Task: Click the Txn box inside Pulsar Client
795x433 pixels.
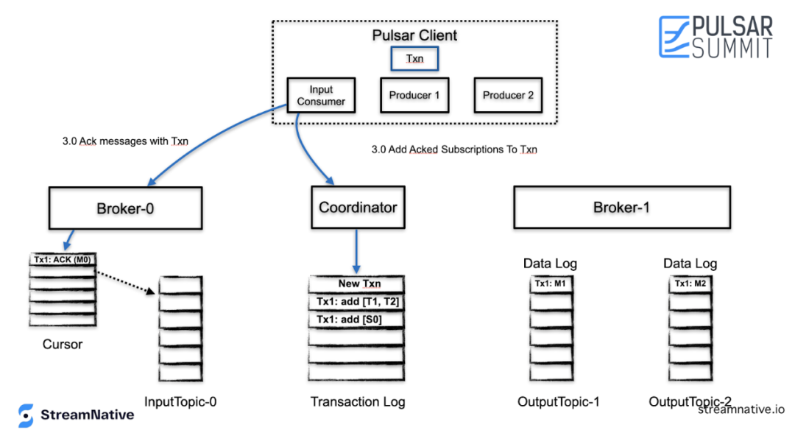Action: pos(414,58)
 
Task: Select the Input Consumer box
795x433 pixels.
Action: pos(321,95)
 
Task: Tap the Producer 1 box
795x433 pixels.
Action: pos(414,95)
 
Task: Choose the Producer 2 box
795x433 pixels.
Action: pos(508,95)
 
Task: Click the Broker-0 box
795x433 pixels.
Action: pos(125,208)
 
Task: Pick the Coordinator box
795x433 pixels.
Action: pos(358,208)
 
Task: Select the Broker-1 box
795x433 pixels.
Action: pos(622,208)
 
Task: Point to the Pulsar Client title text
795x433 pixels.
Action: pos(414,35)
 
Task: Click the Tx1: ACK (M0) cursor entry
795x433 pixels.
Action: pos(63,260)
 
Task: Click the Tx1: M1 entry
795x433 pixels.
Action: pos(551,284)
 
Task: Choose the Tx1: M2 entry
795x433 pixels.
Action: pos(690,284)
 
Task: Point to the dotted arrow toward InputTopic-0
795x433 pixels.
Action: pos(126,283)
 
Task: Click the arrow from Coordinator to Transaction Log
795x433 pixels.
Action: pos(356,252)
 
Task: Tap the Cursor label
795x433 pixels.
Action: pos(63,345)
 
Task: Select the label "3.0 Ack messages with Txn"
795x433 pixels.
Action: pos(125,141)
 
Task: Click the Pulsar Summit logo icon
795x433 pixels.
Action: pos(674,37)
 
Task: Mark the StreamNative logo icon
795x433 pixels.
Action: pos(26,415)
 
